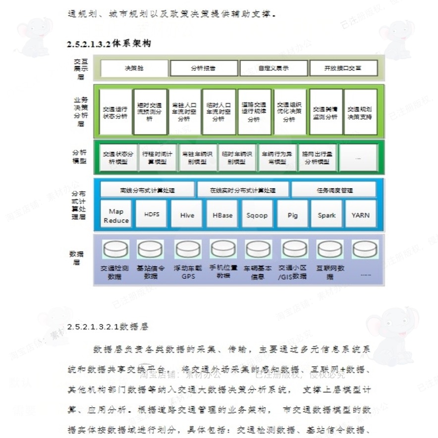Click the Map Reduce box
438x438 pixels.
click(x=116, y=215)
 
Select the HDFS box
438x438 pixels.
click(x=151, y=215)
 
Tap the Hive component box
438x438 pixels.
click(x=187, y=215)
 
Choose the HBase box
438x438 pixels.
click(x=222, y=215)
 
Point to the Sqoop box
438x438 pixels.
click(x=257, y=215)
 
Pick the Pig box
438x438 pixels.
click(x=292, y=215)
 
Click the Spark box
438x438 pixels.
click(x=327, y=215)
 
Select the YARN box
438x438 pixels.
click(x=361, y=215)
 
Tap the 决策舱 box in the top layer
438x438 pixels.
click(x=134, y=68)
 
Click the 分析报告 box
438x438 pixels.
click(x=203, y=68)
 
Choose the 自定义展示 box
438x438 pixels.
click(x=273, y=68)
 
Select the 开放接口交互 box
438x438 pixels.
click(x=343, y=68)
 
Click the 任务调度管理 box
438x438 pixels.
click(x=334, y=190)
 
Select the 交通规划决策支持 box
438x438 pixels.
click(x=360, y=112)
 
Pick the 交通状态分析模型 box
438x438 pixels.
click(x=116, y=157)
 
